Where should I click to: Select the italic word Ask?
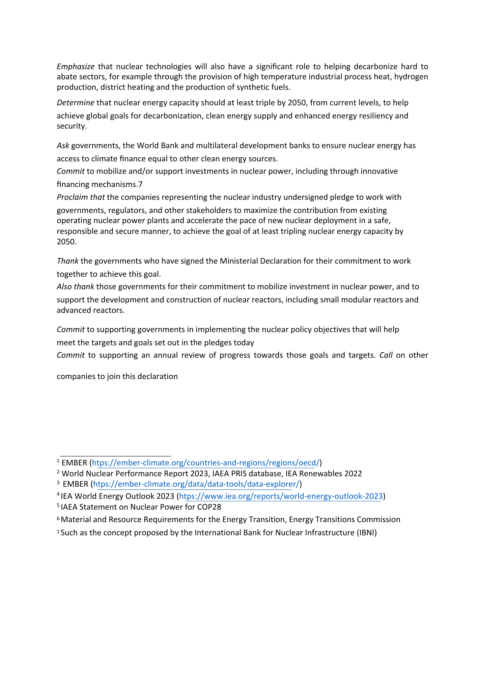pyautogui.click(x=63, y=145)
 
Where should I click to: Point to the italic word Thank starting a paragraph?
pyautogui.click(x=67, y=261)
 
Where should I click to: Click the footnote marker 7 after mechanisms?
pyautogui.click(x=140, y=184)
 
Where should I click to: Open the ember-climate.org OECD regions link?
pyautogui.click(x=206, y=462)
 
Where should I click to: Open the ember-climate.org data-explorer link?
pyautogui.click(x=196, y=484)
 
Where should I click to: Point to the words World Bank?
pyautogui.click(x=152, y=145)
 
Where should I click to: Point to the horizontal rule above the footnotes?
pyautogui.click(x=115, y=456)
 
